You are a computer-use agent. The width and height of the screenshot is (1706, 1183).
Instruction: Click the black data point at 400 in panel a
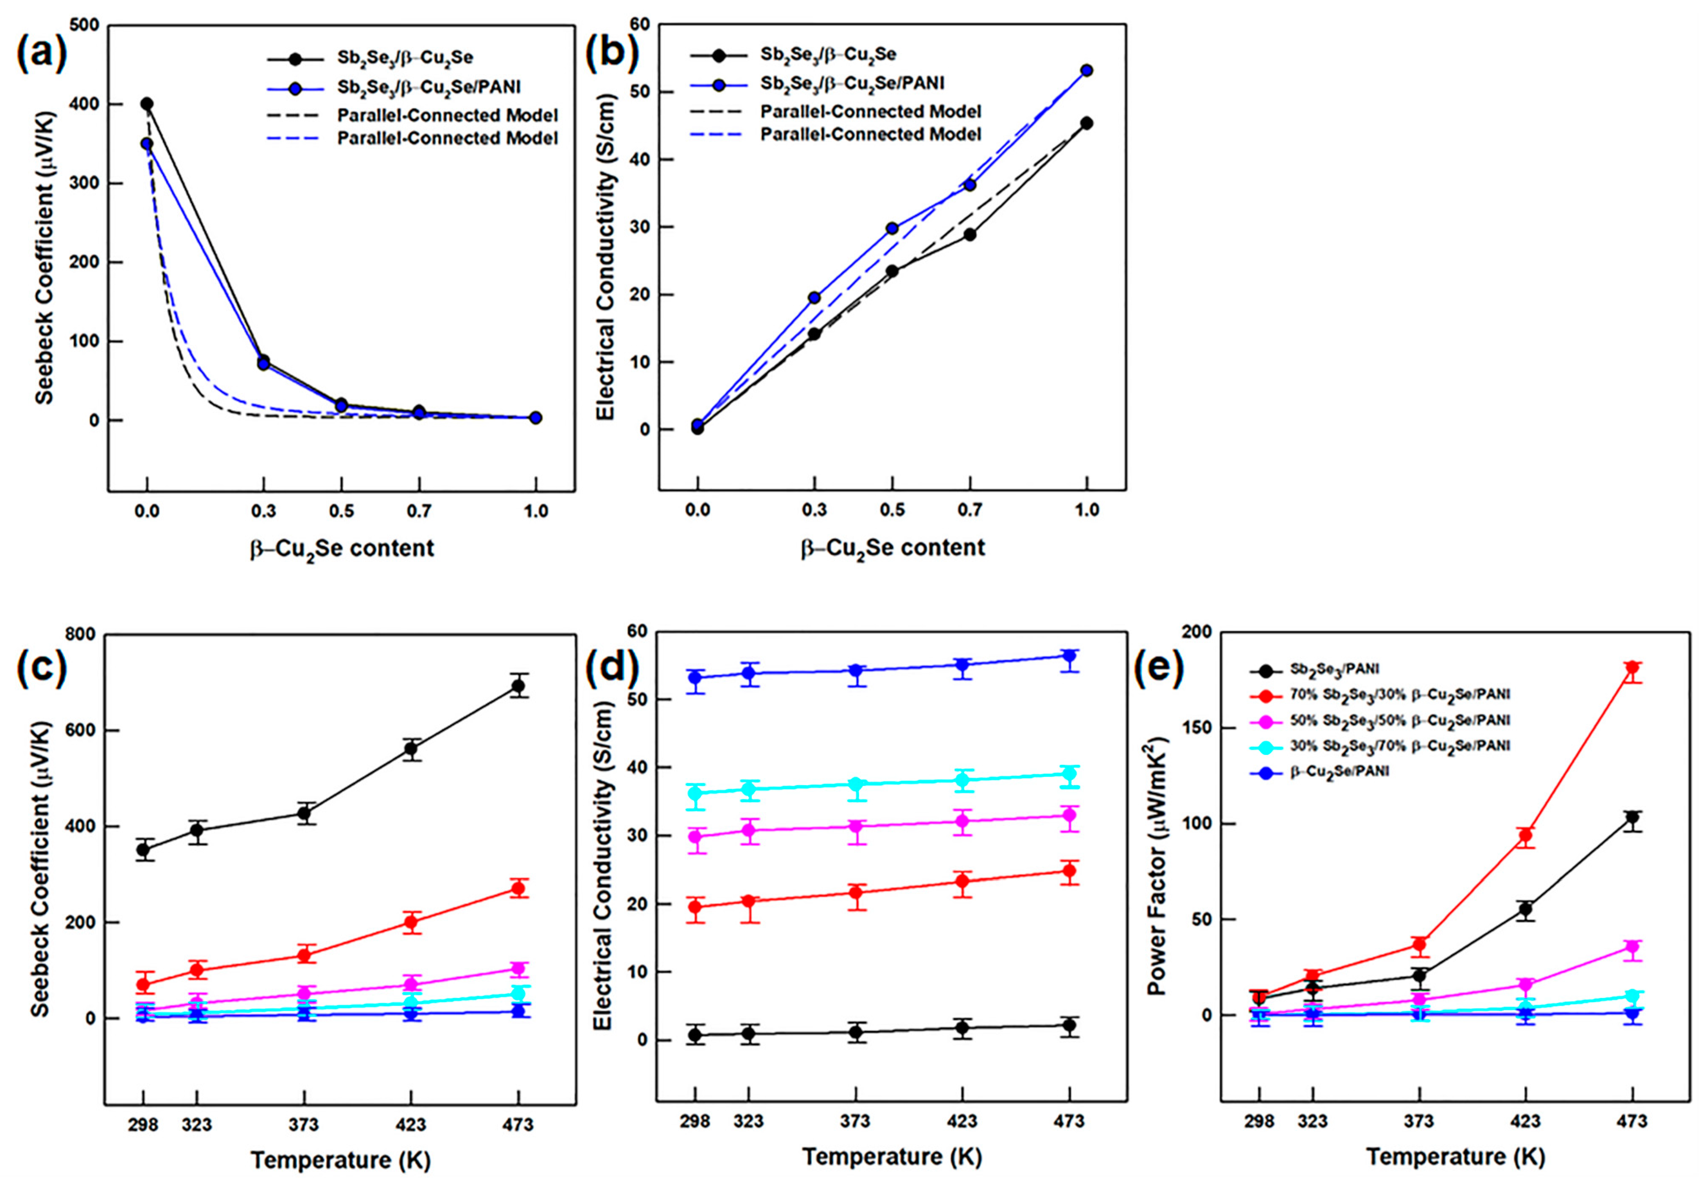(148, 104)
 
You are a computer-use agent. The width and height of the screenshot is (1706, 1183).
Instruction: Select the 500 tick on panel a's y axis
(88, 26)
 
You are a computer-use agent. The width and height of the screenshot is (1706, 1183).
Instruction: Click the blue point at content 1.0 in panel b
(1086, 70)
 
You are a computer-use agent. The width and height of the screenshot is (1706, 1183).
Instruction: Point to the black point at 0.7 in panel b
(970, 234)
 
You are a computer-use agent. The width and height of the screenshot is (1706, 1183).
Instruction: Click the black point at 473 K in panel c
(517, 686)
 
